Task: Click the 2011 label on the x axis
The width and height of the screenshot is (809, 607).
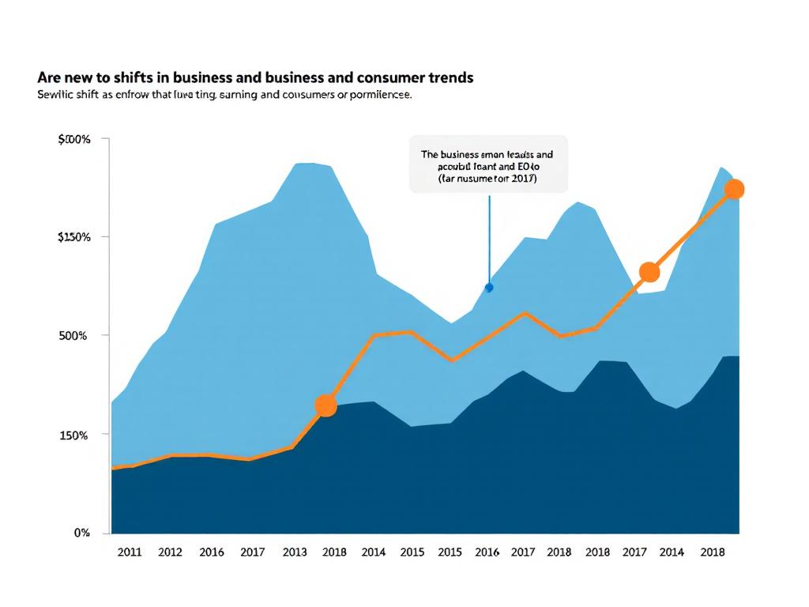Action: [x=129, y=552]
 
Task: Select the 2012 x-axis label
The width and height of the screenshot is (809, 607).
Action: [x=170, y=552]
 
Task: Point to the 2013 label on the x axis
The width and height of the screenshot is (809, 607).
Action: [x=295, y=552]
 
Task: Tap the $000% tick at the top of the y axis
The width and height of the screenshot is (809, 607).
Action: [x=74, y=140]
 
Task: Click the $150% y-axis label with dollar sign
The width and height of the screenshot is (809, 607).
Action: [x=74, y=237]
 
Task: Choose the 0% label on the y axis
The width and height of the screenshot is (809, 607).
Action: [x=82, y=533]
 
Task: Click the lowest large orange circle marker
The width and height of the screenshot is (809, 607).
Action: [x=325, y=406]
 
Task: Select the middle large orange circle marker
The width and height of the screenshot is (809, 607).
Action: [x=649, y=272]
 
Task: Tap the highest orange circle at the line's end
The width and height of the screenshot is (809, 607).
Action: [x=734, y=189]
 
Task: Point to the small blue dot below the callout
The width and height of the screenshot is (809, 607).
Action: [x=489, y=288]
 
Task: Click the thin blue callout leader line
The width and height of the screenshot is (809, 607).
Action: [x=490, y=237]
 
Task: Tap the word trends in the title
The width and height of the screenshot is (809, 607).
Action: [x=450, y=77]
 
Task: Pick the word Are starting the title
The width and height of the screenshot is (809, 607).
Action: [x=48, y=77]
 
